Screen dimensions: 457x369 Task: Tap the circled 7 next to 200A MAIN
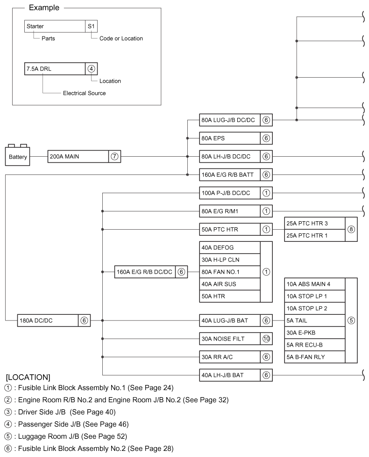click(x=114, y=157)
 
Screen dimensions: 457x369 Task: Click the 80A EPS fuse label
click(x=229, y=138)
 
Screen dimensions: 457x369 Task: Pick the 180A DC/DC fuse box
click(x=47, y=320)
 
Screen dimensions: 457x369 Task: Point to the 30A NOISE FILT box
click(x=229, y=339)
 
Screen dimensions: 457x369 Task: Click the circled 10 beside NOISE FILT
click(x=266, y=339)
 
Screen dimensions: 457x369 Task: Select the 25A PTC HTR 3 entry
click(x=314, y=223)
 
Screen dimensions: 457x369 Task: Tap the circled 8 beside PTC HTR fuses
click(x=351, y=229)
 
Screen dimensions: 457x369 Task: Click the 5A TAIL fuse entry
click(x=314, y=320)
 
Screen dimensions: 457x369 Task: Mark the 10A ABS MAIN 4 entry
click(x=314, y=284)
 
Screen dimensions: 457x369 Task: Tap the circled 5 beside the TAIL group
click(x=351, y=320)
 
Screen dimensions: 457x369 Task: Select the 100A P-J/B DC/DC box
click(x=229, y=193)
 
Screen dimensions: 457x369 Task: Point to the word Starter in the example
click(x=35, y=26)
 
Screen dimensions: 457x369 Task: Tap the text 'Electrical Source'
click(x=85, y=93)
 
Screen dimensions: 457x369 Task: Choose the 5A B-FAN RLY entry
click(x=314, y=357)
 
